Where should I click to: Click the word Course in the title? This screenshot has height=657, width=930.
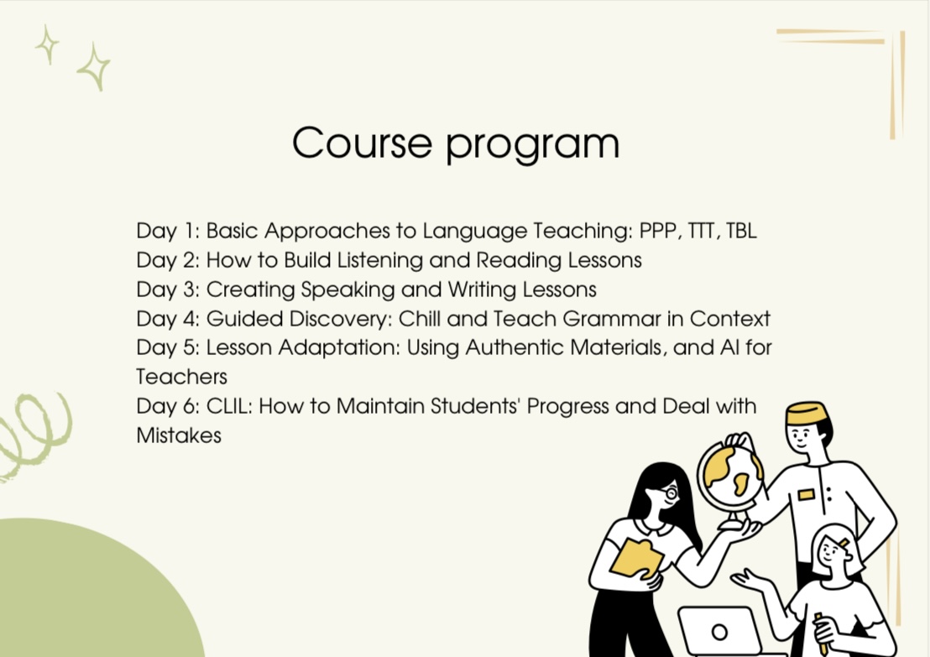coord(362,143)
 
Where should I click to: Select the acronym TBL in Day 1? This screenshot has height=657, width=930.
coord(741,231)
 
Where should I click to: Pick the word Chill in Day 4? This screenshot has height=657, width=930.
coord(420,318)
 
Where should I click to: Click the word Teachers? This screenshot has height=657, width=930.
coord(181,377)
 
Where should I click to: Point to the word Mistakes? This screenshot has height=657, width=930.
coord(179,435)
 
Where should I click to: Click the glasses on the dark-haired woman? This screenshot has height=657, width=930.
coord(668,493)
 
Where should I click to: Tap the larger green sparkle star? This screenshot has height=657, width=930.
coord(94,66)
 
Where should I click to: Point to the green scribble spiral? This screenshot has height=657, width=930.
coord(35,433)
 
